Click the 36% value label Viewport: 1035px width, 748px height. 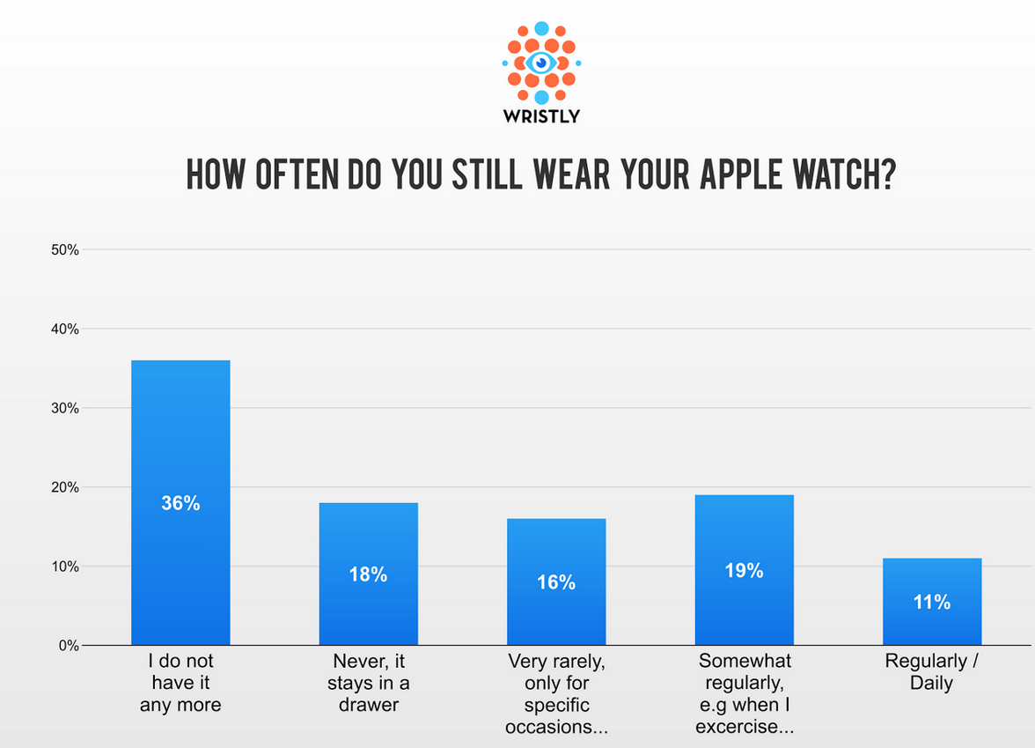point(180,504)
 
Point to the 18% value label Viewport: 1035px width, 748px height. point(368,574)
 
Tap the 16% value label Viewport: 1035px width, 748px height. point(556,582)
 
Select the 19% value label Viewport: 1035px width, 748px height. point(744,571)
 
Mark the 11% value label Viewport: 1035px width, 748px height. point(931,603)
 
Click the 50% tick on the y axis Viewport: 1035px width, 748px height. point(65,250)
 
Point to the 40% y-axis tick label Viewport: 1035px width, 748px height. point(65,330)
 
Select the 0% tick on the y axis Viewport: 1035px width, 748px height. point(69,646)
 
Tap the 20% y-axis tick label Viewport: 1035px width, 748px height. point(65,487)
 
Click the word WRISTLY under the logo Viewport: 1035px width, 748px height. point(541,116)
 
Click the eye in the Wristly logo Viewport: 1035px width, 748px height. point(541,63)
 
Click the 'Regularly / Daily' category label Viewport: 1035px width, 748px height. point(931,671)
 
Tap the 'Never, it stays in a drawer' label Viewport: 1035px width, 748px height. point(368,682)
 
